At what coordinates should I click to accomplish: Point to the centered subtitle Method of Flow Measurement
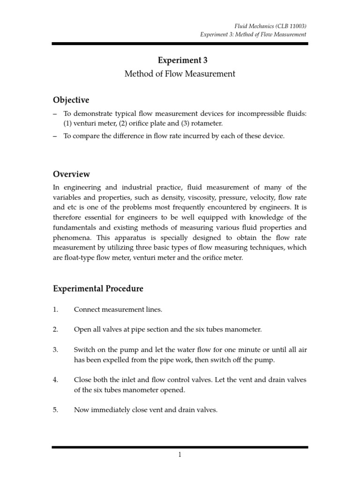(x=180, y=74)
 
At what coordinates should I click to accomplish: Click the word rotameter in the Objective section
(x=202, y=124)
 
